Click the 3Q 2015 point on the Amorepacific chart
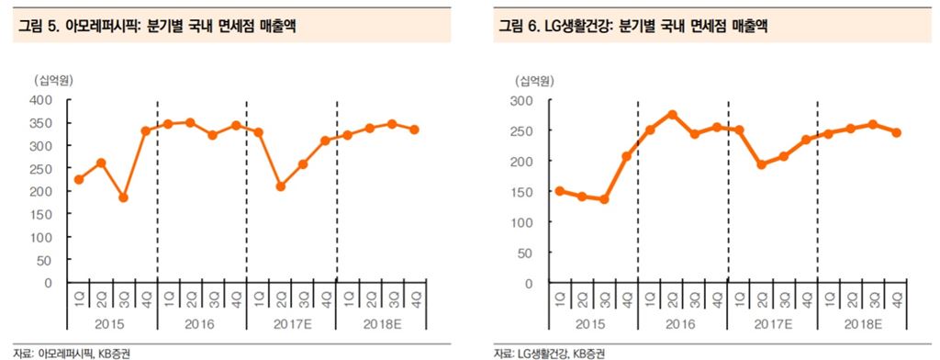(123, 197)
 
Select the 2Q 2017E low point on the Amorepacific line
(281, 186)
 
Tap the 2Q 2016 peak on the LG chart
(671, 115)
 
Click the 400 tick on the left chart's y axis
(39, 99)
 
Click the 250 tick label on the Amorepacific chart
(39, 168)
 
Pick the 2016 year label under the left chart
(201, 324)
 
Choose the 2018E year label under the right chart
(861, 324)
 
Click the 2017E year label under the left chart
(291, 324)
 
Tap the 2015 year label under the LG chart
(592, 324)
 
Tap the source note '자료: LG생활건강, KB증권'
(548, 353)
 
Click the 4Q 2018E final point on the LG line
(896, 132)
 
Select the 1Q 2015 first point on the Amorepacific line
(78, 179)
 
